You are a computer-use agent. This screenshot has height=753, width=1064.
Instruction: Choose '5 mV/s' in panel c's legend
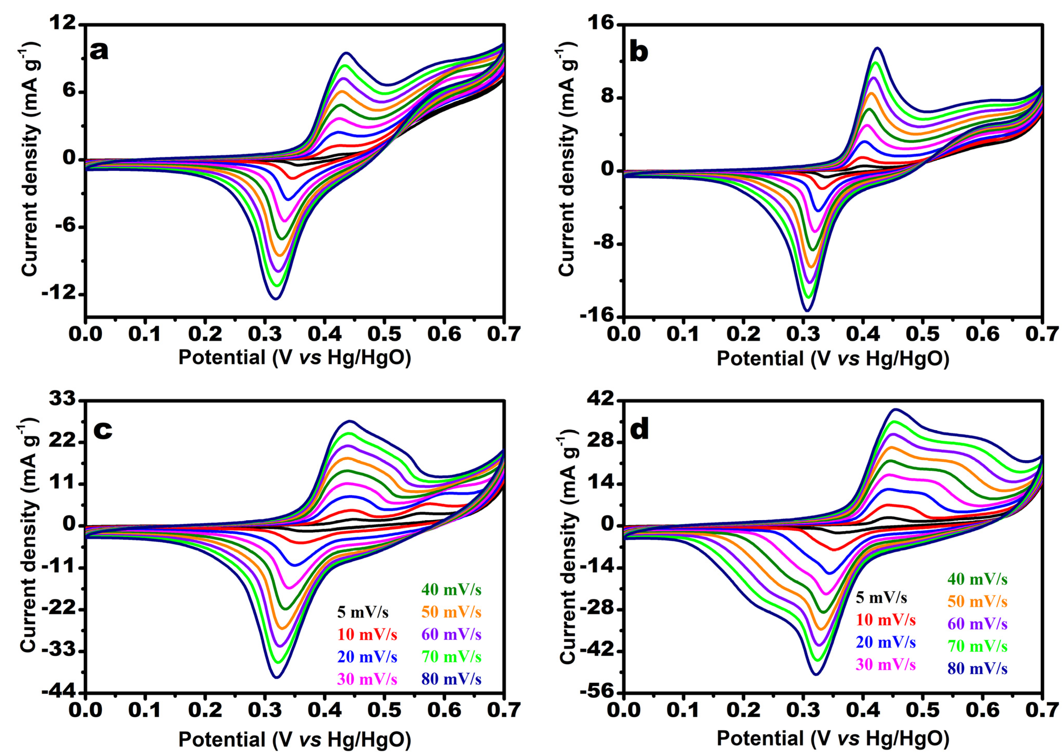[x=363, y=613]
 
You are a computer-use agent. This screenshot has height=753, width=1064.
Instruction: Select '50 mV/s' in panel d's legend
[x=977, y=602]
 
